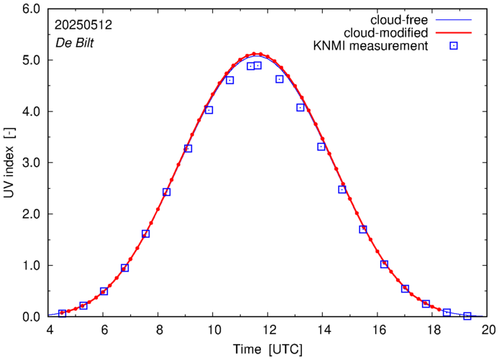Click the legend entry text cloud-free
click(x=395, y=19)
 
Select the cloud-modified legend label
click(x=386, y=32)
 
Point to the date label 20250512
click(x=83, y=25)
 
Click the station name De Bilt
click(x=75, y=42)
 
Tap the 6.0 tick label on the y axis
click(x=30, y=9)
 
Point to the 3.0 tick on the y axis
click(x=30, y=163)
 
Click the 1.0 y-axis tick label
click(x=30, y=266)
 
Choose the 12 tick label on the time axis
click(x=269, y=330)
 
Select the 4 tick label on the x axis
click(x=49, y=330)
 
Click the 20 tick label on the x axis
click(x=489, y=330)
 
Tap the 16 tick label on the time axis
click(x=379, y=330)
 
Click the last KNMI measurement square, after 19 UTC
click(x=467, y=316)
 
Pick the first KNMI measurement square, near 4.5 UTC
click(x=63, y=313)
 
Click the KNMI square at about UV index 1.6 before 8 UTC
click(x=146, y=234)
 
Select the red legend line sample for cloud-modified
click(x=454, y=32)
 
